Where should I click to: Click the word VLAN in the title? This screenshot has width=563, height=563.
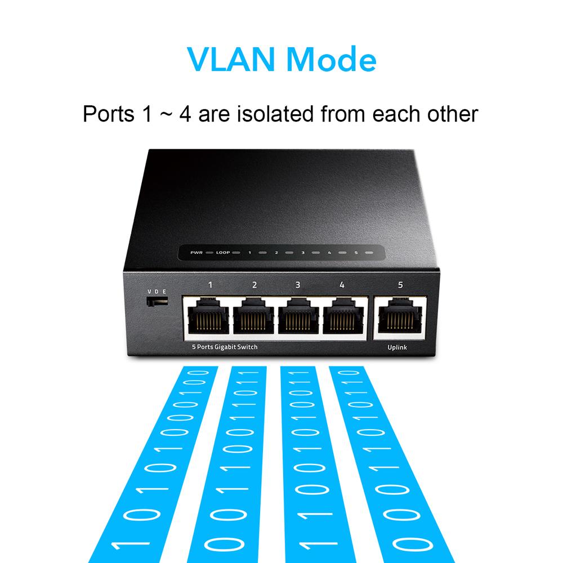click(231, 59)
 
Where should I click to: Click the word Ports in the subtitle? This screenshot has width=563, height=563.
click(109, 114)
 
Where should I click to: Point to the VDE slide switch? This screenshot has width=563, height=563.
click(157, 301)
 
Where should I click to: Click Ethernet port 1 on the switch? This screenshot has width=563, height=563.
click(208, 316)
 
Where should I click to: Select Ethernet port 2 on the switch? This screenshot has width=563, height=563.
click(253, 316)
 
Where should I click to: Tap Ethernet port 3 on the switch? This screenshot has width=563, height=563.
click(298, 316)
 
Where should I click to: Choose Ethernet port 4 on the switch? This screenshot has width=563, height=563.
click(343, 316)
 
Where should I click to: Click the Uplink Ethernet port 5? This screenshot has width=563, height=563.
click(400, 315)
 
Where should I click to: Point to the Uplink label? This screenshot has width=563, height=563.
click(397, 347)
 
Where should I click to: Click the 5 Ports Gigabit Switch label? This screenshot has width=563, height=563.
click(225, 347)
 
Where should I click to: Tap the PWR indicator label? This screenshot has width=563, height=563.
click(196, 252)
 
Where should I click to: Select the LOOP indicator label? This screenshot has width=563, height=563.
click(223, 252)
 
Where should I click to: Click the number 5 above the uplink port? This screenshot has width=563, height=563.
click(400, 285)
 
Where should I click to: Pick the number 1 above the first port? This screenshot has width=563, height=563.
click(210, 285)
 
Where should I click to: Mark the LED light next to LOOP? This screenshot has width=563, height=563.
click(236, 252)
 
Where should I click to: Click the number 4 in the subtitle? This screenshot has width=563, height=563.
click(185, 114)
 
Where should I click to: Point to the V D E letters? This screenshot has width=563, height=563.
click(157, 292)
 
